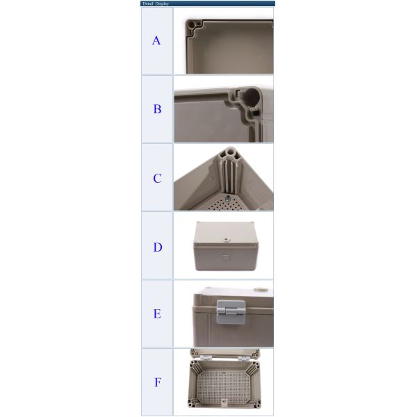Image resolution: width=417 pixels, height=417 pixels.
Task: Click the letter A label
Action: point(156,41)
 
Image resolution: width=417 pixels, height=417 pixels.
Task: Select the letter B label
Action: point(157,109)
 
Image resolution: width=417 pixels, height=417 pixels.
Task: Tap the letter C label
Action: point(157,179)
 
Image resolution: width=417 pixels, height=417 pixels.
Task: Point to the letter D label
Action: point(157,247)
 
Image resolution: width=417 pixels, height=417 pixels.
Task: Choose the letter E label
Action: point(157,314)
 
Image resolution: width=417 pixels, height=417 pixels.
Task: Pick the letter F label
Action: point(157,382)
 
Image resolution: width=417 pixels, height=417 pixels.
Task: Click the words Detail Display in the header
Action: point(156,3)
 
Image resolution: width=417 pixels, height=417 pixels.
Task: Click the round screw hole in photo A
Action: point(191,26)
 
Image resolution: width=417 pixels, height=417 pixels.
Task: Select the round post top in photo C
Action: point(227,152)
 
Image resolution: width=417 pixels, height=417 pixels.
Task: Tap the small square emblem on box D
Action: point(224,255)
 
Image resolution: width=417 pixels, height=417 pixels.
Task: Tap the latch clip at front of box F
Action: point(224,402)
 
